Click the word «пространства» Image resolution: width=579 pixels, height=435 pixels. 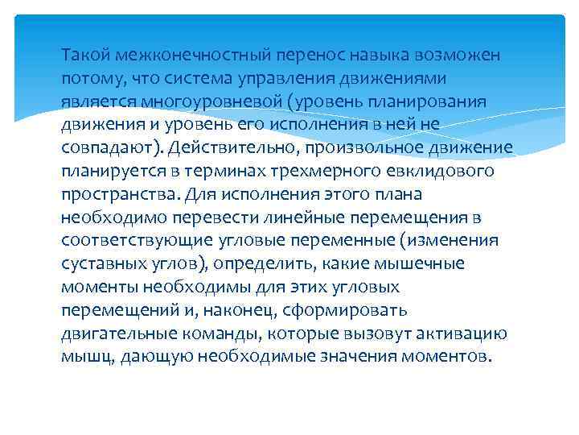(x=120, y=195)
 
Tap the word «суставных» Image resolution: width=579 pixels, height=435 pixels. (x=102, y=264)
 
